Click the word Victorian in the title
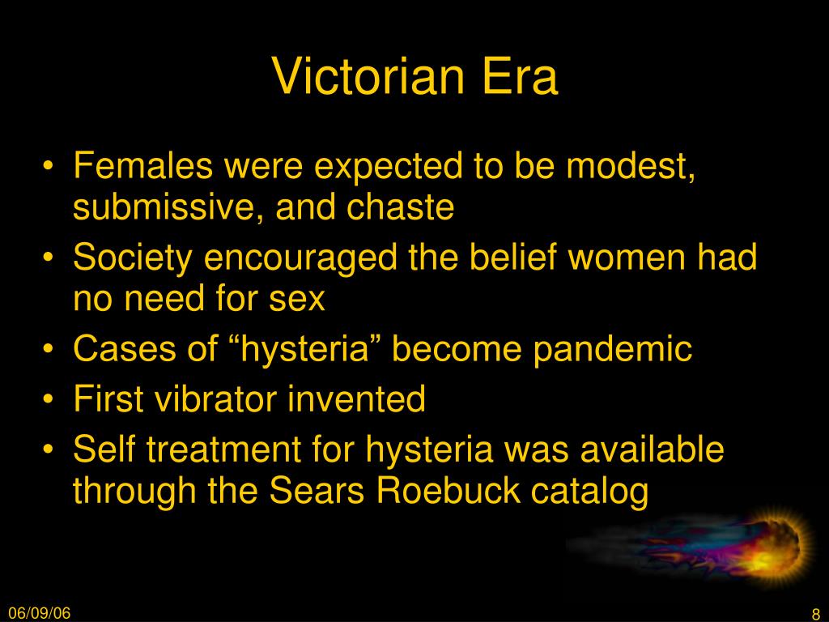[368, 76]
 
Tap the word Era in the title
[521, 76]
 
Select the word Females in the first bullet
[142, 165]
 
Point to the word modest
[630, 166]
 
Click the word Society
[132, 258]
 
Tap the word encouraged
[300, 258]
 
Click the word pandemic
[612, 350]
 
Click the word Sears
[317, 490]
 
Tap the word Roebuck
[447, 490]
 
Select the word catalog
[589, 491]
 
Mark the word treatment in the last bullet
[223, 449]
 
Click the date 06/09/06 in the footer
[39, 613]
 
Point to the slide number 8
[816, 614]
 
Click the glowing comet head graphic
[775, 548]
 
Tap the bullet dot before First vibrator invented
[48, 398]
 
